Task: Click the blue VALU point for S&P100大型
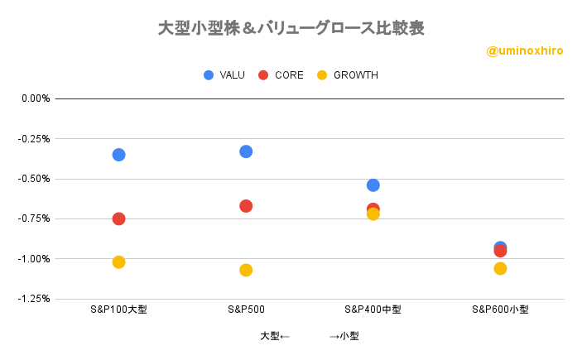(118, 155)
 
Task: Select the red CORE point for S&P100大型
(118, 218)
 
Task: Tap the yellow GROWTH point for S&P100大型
(118, 262)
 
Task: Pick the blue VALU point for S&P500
(246, 151)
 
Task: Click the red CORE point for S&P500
(246, 206)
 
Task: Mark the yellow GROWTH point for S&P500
(246, 270)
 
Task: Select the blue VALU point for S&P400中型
(373, 185)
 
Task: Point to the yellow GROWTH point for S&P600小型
(500, 268)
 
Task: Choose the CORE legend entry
(282, 75)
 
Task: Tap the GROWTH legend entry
(348, 75)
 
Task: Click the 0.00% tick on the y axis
(36, 98)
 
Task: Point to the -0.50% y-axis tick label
(35, 179)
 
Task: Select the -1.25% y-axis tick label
(35, 299)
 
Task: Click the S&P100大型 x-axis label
(118, 310)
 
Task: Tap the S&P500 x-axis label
(246, 310)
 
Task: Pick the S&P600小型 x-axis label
(500, 310)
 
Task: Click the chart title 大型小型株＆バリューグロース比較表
(291, 28)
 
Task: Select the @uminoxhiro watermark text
(525, 50)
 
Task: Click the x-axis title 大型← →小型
(309, 336)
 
